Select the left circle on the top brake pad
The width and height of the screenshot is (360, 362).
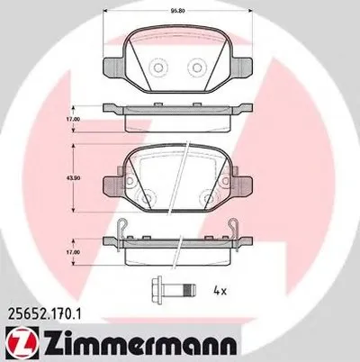click(x=158, y=68)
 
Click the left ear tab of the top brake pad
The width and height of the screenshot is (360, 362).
click(x=112, y=69)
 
